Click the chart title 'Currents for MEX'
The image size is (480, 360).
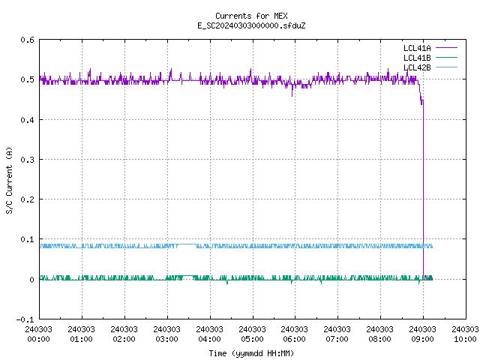point(251,16)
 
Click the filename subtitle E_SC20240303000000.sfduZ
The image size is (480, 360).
point(251,25)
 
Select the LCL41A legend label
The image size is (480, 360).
point(417,48)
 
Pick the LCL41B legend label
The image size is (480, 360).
point(417,58)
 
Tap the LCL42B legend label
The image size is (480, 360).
point(417,67)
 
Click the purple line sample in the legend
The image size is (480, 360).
point(446,48)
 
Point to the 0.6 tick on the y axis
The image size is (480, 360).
point(27,40)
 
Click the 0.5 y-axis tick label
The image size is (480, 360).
point(27,79)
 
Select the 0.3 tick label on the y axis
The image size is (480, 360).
point(27,160)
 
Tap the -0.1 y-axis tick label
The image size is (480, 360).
point(25,319)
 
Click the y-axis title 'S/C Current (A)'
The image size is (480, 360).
point(10,181)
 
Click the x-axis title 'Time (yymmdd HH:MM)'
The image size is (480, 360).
point(251,353)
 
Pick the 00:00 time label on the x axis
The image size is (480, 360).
point(38,339)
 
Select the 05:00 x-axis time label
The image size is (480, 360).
point(252,339)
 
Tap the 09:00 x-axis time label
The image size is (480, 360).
point(422,339)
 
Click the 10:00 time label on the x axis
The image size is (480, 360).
point(465,339)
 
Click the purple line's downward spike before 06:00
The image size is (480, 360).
point(292,91)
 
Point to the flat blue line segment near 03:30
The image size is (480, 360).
point(187,244)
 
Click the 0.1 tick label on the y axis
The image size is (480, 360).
point(27,239)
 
